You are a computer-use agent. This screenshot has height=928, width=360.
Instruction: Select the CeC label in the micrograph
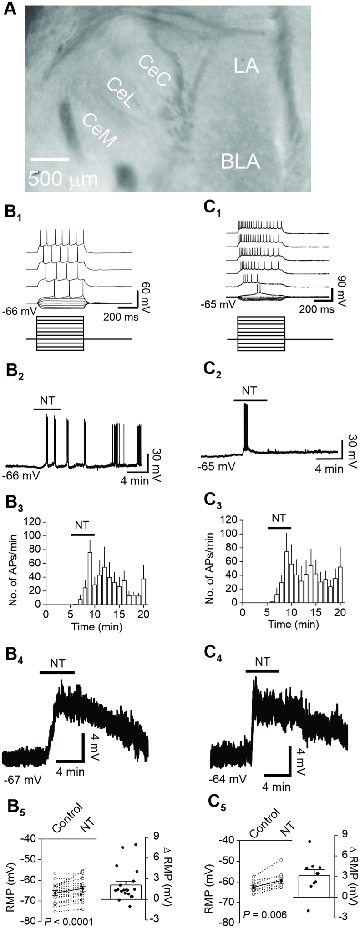pyautogui.click(x=155, y=71)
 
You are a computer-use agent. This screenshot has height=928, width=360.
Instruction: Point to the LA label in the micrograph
pyautogui.click(x=246, y=66)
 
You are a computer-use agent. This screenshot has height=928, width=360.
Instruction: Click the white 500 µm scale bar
pyautogui.click(x=50, y=159)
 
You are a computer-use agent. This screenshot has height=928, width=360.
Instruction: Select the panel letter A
pyautogui.click(x=10, y=10)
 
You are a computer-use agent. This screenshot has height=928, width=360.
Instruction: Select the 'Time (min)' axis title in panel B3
pyautogui.click(x=96, y=626)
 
